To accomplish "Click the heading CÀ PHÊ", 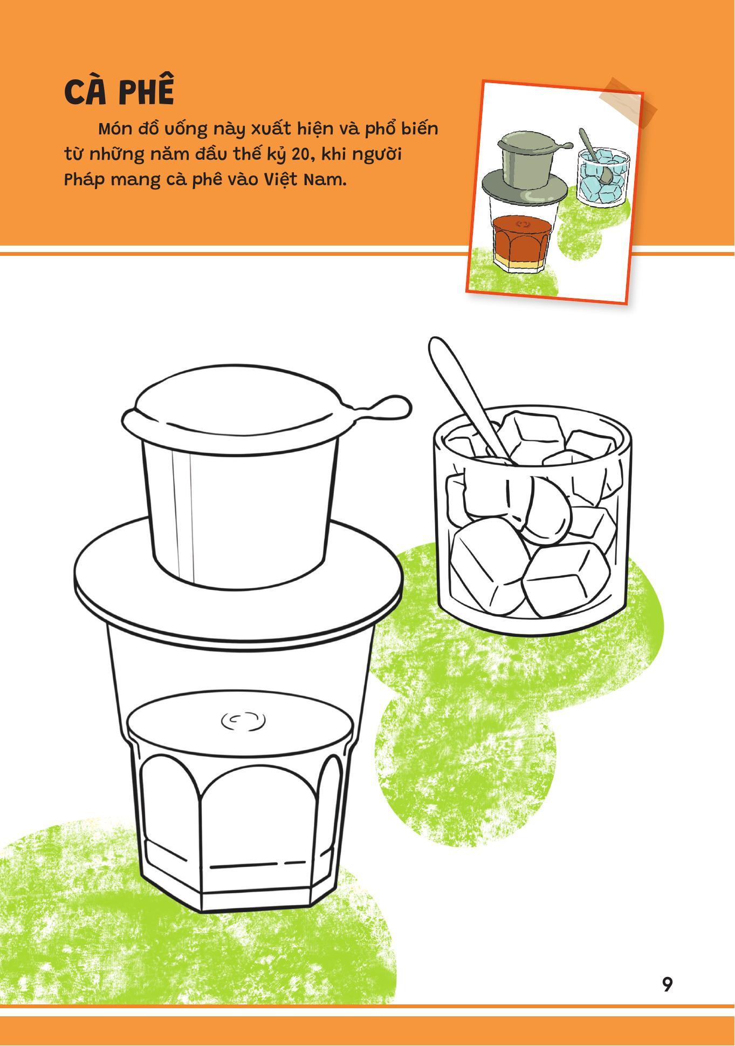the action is (119, 92).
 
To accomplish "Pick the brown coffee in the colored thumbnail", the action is (521, 237).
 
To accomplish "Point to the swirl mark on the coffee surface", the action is (243, 720).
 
